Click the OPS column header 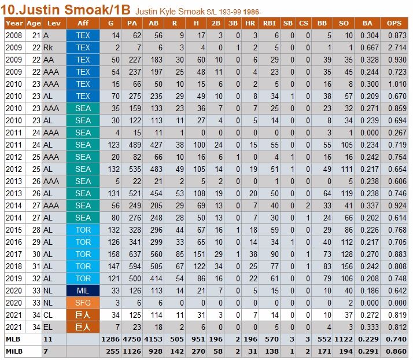coord(394,23)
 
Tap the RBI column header coord(269,23)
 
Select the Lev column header coord(54,23)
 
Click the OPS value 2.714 coord(397,47)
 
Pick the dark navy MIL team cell coord(83,291)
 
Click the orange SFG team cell coord(83,303)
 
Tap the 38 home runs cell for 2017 coord(253,254)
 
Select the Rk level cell coord(48,47)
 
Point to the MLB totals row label coord(13,339)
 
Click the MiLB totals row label coord(14,351)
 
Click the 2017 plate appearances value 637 coord(135,254)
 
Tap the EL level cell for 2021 coord(48,327)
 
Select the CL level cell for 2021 coord(48,315)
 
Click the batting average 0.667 coord(369,47)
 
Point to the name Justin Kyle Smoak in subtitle coord(170,12)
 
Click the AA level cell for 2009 coord(49,60)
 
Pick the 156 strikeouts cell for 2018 coord(346,266)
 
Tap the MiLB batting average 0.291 coord(368,351)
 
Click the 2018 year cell coord(14,266)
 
